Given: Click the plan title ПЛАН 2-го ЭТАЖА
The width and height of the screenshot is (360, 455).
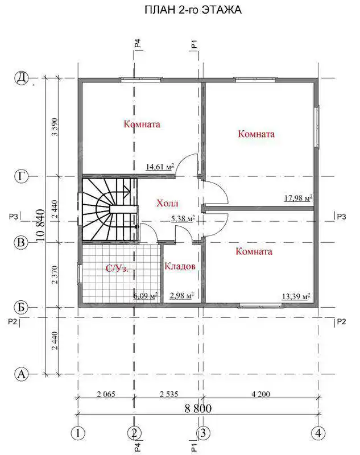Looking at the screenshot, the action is click(x=193, y=10).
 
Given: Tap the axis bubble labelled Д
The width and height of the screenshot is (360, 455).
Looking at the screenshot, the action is click(x=21, y=78).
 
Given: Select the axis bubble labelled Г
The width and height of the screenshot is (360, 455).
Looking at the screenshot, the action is click(x=21, y=176).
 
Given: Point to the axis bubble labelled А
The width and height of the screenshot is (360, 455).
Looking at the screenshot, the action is click(x=22, y=374).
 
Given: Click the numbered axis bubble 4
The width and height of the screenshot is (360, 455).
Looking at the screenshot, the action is click(x=318, y=433).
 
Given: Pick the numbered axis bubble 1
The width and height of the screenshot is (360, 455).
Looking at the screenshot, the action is click(x=78, y=433).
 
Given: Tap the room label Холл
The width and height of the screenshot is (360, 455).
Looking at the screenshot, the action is click(x=167, y=203).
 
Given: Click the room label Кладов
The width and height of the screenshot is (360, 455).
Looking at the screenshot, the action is click(x=180, y=266).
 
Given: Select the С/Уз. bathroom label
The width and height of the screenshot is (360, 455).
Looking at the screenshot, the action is click(x=117, y=268).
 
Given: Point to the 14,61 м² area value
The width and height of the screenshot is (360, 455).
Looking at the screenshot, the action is click(x=160, y=167).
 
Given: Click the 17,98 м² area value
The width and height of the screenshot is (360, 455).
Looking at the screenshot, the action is click(x=298, y=198).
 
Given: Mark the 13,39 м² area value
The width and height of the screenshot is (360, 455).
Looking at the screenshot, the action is click(x=296, y=296).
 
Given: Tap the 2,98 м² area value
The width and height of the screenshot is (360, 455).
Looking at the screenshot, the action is click(x=182, y=296).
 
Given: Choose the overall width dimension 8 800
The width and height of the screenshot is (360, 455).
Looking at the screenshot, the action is click(x=198, y=408).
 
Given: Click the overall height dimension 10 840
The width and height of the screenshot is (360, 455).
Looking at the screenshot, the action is click(x=40, y=225).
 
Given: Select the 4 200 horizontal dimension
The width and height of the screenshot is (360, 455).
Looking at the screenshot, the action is click(x=261, y=394).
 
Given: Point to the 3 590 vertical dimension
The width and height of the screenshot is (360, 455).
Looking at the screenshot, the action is click(x=55, y=127).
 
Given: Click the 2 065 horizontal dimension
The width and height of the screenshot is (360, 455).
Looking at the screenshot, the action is click(x=106, y=394).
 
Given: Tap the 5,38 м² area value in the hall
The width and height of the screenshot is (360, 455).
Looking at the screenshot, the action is click(x=183, y=218).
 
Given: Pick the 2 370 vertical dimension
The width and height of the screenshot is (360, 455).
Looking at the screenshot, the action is click(x=55, y=275).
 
